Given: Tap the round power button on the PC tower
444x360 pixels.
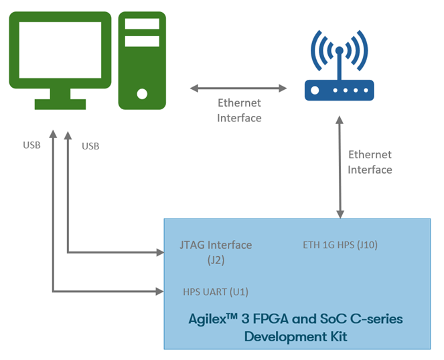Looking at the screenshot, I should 142,93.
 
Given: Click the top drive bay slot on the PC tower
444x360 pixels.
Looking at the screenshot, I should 142,24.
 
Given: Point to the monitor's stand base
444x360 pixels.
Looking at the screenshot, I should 60,105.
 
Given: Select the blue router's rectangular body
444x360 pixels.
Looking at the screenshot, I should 339,90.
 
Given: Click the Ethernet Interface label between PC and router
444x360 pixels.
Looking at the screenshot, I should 239,111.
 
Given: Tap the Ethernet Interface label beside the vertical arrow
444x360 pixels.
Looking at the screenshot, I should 370,162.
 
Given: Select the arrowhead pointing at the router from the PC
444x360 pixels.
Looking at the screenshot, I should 282,88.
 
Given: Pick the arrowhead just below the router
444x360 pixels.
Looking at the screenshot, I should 340,120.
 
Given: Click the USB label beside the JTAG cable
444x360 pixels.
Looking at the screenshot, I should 90,146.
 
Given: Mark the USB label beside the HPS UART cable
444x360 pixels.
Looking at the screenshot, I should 32,145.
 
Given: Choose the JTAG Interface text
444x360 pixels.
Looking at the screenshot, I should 216,245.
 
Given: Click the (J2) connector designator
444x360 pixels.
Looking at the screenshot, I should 216,259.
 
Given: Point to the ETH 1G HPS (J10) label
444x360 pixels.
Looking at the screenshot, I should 340,245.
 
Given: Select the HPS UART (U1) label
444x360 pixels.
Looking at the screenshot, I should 216,292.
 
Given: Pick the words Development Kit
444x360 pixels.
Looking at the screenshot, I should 296,337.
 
